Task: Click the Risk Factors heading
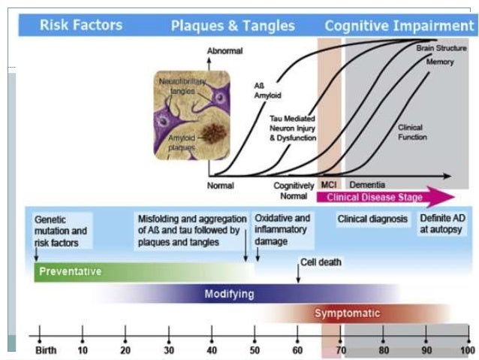[x=80, y=26]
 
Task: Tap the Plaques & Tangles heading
[x=233, y=26]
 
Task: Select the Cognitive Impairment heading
[x=398, y=26]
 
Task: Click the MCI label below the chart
[x=328, y=185]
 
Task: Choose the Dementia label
[x=366, y=185]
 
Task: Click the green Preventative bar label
[x=71, y=271]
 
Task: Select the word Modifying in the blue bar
[x=229, y=293]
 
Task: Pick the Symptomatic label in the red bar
[x=347, y=313]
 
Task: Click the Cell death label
[x=321, y=262]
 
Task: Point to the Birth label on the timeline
[x=45, y=350]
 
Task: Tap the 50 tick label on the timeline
[x=255, y=350]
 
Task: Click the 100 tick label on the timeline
[x=467, y=350]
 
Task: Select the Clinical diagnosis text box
[x=372, y=219]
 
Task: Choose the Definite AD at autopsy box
[x=442, y=223]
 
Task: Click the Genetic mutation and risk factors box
[x=61, y=231]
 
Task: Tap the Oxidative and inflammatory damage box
[x=282, y=229]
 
